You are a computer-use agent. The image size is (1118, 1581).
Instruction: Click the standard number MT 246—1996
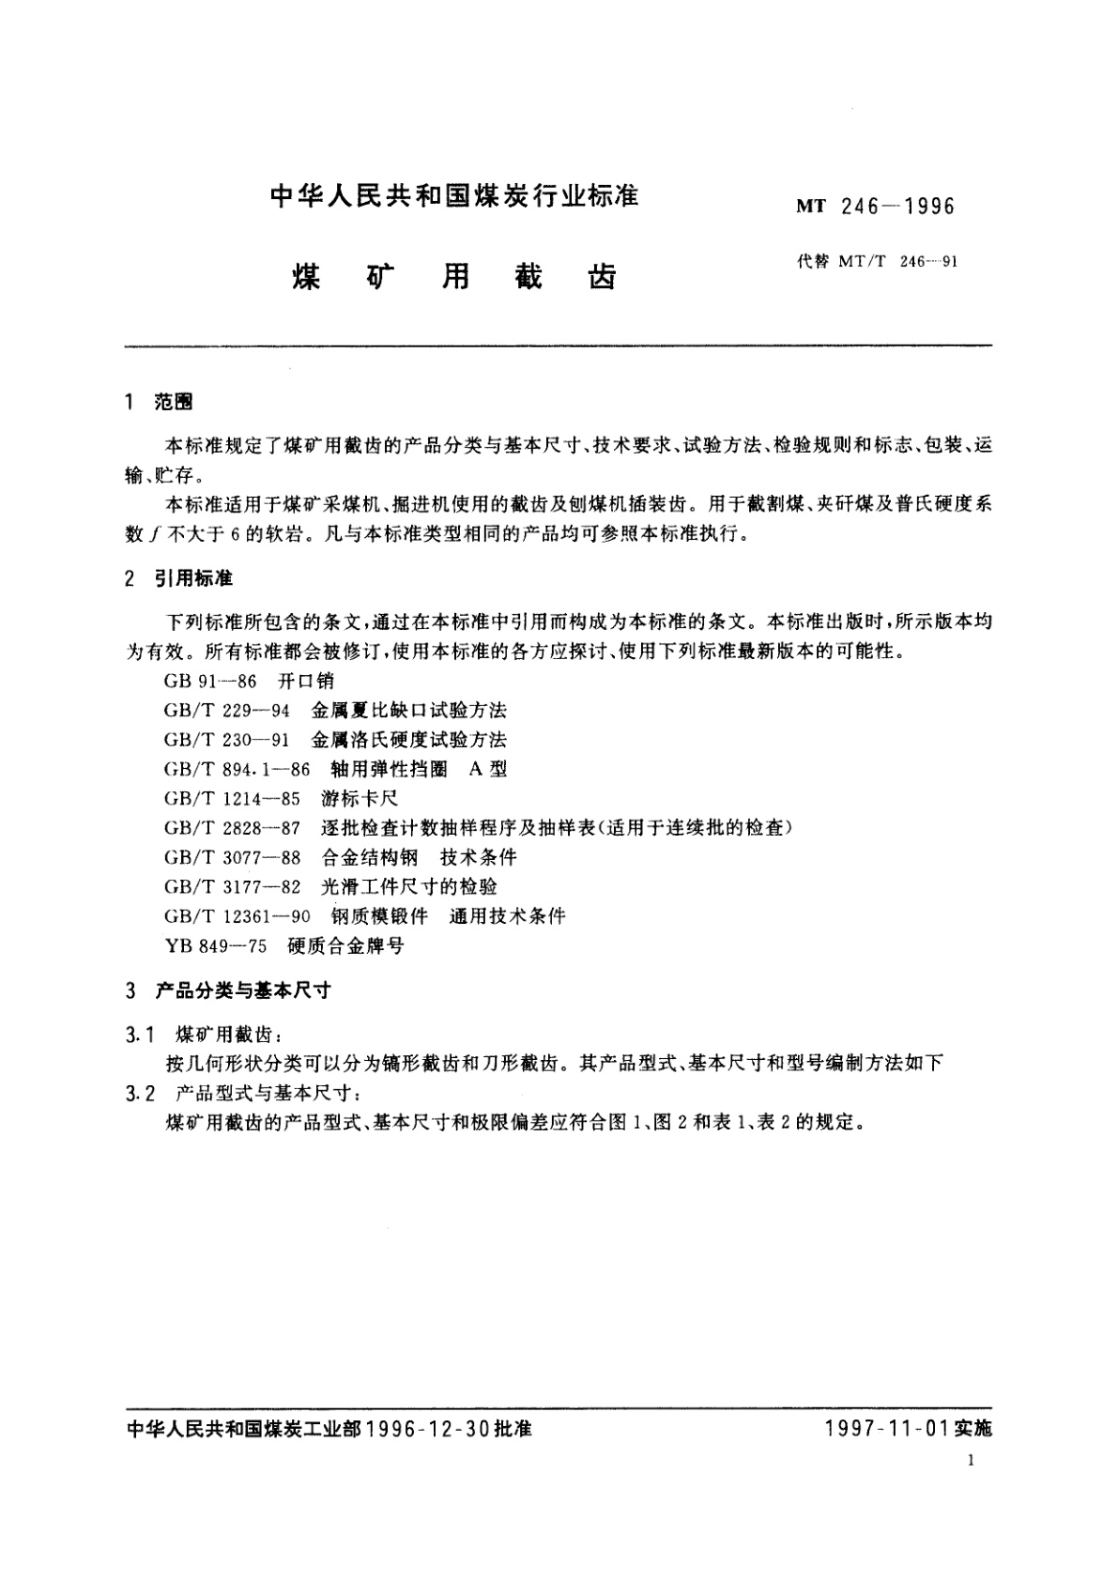(875, 206)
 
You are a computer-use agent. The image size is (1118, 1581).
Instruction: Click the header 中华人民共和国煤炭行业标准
(454, 196)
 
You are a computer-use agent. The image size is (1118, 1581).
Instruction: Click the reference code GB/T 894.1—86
(237, 769)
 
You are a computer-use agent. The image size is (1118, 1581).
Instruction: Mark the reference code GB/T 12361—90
(237, 916)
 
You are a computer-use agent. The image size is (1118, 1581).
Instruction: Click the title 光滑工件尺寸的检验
(409, 886)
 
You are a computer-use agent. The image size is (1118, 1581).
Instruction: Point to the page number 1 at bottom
(972, 1461)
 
